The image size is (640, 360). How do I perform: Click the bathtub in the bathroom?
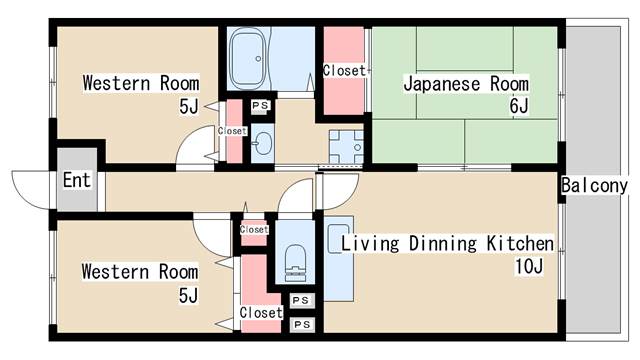[x=247, y=58]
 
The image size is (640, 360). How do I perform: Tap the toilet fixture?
[x=295, y=262]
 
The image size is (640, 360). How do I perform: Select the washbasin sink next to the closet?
[x=262, y=143]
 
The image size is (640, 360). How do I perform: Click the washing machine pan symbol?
[x=346, y=147]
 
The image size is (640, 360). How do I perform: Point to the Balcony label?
[x=594, y=186]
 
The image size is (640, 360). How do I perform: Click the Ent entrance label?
[x=77, y=180]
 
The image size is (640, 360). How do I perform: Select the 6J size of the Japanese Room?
[x=518, y=106]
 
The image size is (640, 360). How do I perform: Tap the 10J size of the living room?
[x=529, y=267]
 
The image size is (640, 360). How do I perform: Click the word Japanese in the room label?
[x=442, y=84]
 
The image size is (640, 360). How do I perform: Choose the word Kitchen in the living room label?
[x=520, y=243]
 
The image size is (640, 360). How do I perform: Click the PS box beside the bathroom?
[x=260, y=106]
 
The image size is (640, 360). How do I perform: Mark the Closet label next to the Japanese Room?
[x=344, y=71]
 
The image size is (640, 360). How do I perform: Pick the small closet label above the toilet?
[x=254, y=230]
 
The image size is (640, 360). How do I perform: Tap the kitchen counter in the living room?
[x=339, y=259]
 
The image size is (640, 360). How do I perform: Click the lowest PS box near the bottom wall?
[x=302, y=325]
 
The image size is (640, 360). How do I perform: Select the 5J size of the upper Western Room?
[x=189, y=107]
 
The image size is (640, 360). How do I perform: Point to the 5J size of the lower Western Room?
[x=188, y=296]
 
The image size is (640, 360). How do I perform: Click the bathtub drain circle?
[x=258, y=59]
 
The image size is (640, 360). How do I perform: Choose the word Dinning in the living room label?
[x=442, y=244]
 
